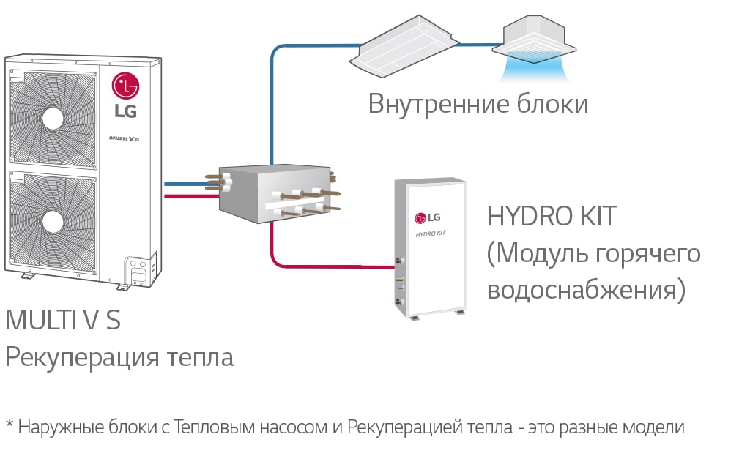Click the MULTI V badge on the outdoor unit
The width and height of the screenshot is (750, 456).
119,138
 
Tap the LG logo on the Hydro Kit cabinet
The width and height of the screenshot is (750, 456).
428,217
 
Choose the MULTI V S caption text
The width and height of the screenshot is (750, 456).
63,321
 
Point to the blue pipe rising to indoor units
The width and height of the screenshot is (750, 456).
272,102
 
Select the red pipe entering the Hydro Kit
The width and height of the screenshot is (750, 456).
330,265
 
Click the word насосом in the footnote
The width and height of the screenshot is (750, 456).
289,427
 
